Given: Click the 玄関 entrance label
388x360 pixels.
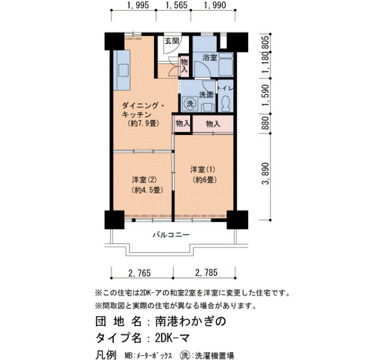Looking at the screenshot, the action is (172, 41).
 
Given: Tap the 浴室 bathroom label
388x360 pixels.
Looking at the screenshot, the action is (210, 58).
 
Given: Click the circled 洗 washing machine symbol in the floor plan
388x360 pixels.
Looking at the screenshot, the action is (190, 104).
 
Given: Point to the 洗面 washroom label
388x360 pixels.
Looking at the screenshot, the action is (206, 95).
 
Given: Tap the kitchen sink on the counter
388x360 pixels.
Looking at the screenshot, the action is (124, 70).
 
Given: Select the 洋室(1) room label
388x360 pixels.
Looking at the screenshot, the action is (203, 169).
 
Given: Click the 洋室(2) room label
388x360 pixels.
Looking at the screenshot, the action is (144, 180).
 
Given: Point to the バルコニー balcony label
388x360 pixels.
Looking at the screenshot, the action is (171, 234).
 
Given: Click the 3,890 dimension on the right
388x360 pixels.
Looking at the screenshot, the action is (266, 173).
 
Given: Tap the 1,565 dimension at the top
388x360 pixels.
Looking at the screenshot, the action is (176, 5).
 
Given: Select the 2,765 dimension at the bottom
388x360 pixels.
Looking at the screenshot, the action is (139, 272).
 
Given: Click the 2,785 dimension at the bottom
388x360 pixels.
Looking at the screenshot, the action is (206, 272).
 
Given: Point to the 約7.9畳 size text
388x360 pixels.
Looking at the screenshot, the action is (144, 123).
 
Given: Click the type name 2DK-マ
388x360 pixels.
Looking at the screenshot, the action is (172, 338).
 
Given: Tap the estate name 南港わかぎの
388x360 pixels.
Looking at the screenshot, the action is (191, 321).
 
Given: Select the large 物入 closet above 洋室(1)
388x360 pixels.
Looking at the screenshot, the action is (213, 124).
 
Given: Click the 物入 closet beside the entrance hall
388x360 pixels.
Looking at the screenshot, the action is (184, 65).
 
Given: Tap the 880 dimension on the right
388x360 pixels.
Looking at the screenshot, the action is (266, 123).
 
